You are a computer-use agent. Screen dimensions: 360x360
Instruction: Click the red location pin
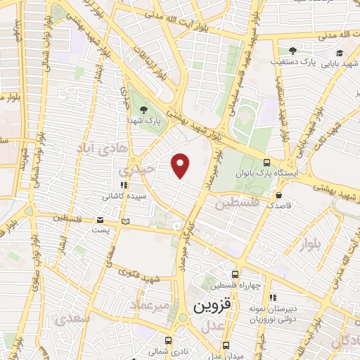181,165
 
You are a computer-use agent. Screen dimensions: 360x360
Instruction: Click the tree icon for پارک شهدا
143,110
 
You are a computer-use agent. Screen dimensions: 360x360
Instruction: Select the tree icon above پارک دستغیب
292,50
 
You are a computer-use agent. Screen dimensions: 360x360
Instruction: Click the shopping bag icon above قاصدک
280,194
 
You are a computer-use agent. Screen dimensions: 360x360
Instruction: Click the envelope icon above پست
99,221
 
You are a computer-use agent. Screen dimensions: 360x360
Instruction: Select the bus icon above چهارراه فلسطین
235,274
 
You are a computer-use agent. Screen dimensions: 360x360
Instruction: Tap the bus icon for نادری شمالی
169,336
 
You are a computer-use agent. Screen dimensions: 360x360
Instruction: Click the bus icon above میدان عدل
226,345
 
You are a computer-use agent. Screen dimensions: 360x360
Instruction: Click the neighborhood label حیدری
134,171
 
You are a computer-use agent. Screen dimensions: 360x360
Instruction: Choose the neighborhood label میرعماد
148,305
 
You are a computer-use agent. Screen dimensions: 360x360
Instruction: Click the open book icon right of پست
125,221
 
